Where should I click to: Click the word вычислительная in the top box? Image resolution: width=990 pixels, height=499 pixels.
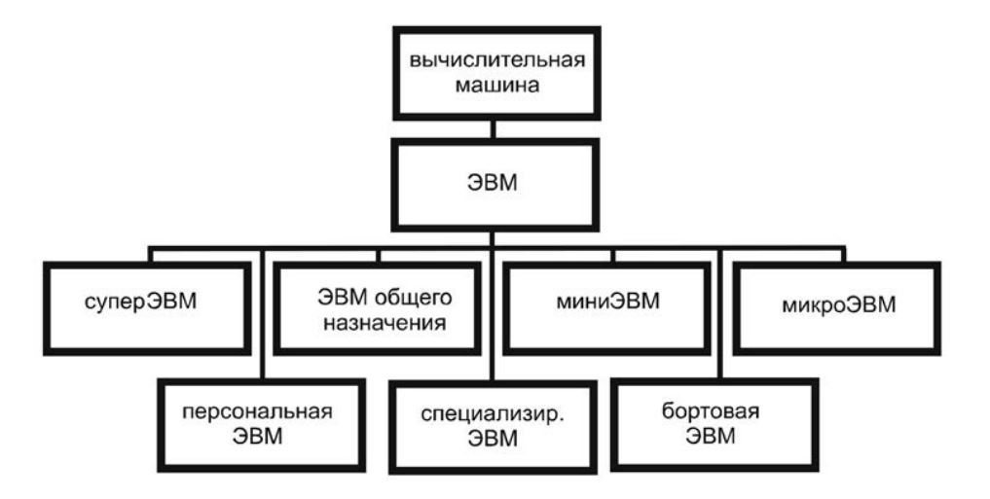tap(496, 61)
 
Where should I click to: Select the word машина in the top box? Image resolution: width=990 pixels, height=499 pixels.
tap(497, 86)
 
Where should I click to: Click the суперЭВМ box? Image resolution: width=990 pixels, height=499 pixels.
tap(147, 307)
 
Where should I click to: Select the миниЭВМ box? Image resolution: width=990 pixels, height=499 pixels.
tap(607, 307)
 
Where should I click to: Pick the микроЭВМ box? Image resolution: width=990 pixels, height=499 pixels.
tap(836, 307)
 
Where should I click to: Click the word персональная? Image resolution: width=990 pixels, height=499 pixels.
tap(257, 412)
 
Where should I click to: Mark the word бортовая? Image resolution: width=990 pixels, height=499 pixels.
tap(711, 412)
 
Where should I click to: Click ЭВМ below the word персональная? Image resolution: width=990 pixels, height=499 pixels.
tap(257, 436)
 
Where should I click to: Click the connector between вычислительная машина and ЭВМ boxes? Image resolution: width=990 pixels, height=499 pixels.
tap(494, 129)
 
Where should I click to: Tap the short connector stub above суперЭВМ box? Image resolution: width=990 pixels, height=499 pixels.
tap(151, 254)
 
